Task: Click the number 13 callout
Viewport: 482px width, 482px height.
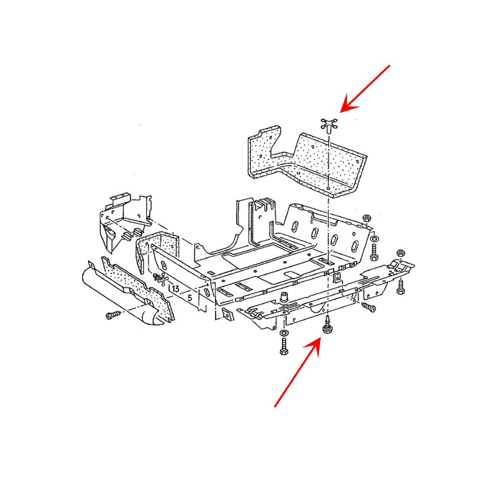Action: pos(176,289)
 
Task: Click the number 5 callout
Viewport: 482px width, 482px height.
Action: pos(190,298)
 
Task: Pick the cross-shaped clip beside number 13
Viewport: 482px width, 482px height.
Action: pos(161,279)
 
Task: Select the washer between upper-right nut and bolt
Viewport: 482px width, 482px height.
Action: pos(375,239)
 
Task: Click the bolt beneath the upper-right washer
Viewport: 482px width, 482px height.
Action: pos(374,252)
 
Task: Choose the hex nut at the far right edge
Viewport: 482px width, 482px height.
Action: pos(400,254)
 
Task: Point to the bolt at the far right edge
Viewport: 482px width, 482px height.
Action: pos(401,287)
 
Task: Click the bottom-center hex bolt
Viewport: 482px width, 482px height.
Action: pos(284,347)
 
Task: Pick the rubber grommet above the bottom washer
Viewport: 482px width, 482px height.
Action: pos(284,297)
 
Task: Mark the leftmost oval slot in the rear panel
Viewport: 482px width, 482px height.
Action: pos(295,227)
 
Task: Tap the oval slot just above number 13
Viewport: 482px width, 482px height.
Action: pos(164,265)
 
